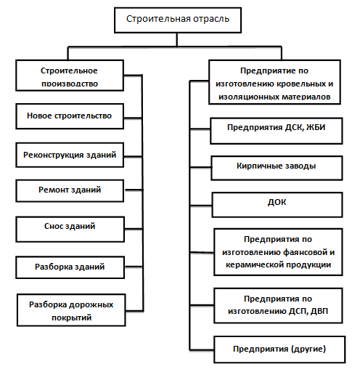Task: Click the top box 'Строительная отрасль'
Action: (x=178, y=20)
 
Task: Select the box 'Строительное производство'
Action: (x=70, y=76)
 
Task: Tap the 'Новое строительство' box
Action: (x=70, y=116)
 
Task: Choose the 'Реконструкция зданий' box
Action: (x=70, y=155)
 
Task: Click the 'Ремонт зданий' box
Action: (x=70, y=190)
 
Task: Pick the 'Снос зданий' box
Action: (x=70, y=230)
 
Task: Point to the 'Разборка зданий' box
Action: (x=70, y=267)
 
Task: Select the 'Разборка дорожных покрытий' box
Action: (x=71, y=310)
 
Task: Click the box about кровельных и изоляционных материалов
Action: (x=274, y=82)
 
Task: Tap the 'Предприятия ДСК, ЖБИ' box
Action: (x=277, y=131)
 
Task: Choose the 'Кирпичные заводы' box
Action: (x=277, y=168)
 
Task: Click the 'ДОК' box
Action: (x=277, y=205)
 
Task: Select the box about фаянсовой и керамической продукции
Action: (x=278, y=252)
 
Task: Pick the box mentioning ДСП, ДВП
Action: (x=278, y=305)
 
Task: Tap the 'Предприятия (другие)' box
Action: (x=279, y=349)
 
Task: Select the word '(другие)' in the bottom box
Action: (x=308, y=349)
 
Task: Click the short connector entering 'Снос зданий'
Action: (x=134, y=229)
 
